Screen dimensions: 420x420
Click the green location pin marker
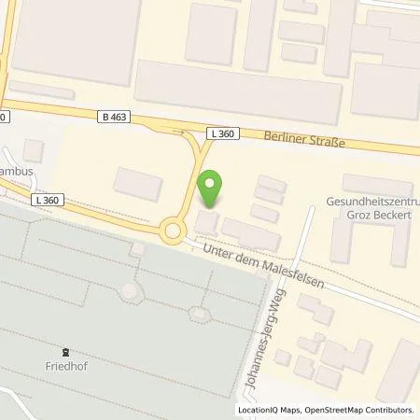(x=211, y=189)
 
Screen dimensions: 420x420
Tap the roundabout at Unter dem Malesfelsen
(x=172, y=230)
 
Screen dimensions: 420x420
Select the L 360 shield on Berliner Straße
(x=223, y=133)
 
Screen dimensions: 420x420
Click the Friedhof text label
(x=65, y=367)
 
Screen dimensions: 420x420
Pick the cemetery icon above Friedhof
(x=65, y=352)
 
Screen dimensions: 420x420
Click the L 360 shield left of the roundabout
(x=46, y=200)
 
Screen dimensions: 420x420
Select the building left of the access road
(x=137, y=182)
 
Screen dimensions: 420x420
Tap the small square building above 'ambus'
(x=34, y=149)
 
